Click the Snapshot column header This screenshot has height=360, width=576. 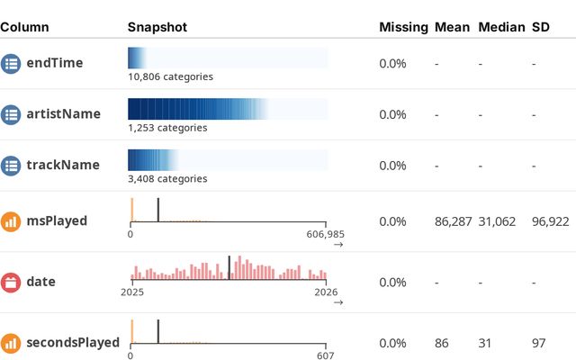157,27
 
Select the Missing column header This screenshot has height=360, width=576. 403,27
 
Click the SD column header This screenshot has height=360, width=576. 542,27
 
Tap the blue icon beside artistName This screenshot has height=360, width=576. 11,114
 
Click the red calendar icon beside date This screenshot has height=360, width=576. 11,282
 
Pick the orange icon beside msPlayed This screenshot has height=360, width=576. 11,220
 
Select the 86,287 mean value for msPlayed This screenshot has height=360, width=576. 453,220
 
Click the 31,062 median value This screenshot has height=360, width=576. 497,220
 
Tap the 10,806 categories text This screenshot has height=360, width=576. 170,76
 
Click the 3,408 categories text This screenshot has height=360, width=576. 167,179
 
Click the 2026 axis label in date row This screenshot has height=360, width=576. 326,292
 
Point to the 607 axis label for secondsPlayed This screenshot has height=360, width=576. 326,355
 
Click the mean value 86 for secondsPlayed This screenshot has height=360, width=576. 441,343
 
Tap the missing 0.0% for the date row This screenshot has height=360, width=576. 392,282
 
